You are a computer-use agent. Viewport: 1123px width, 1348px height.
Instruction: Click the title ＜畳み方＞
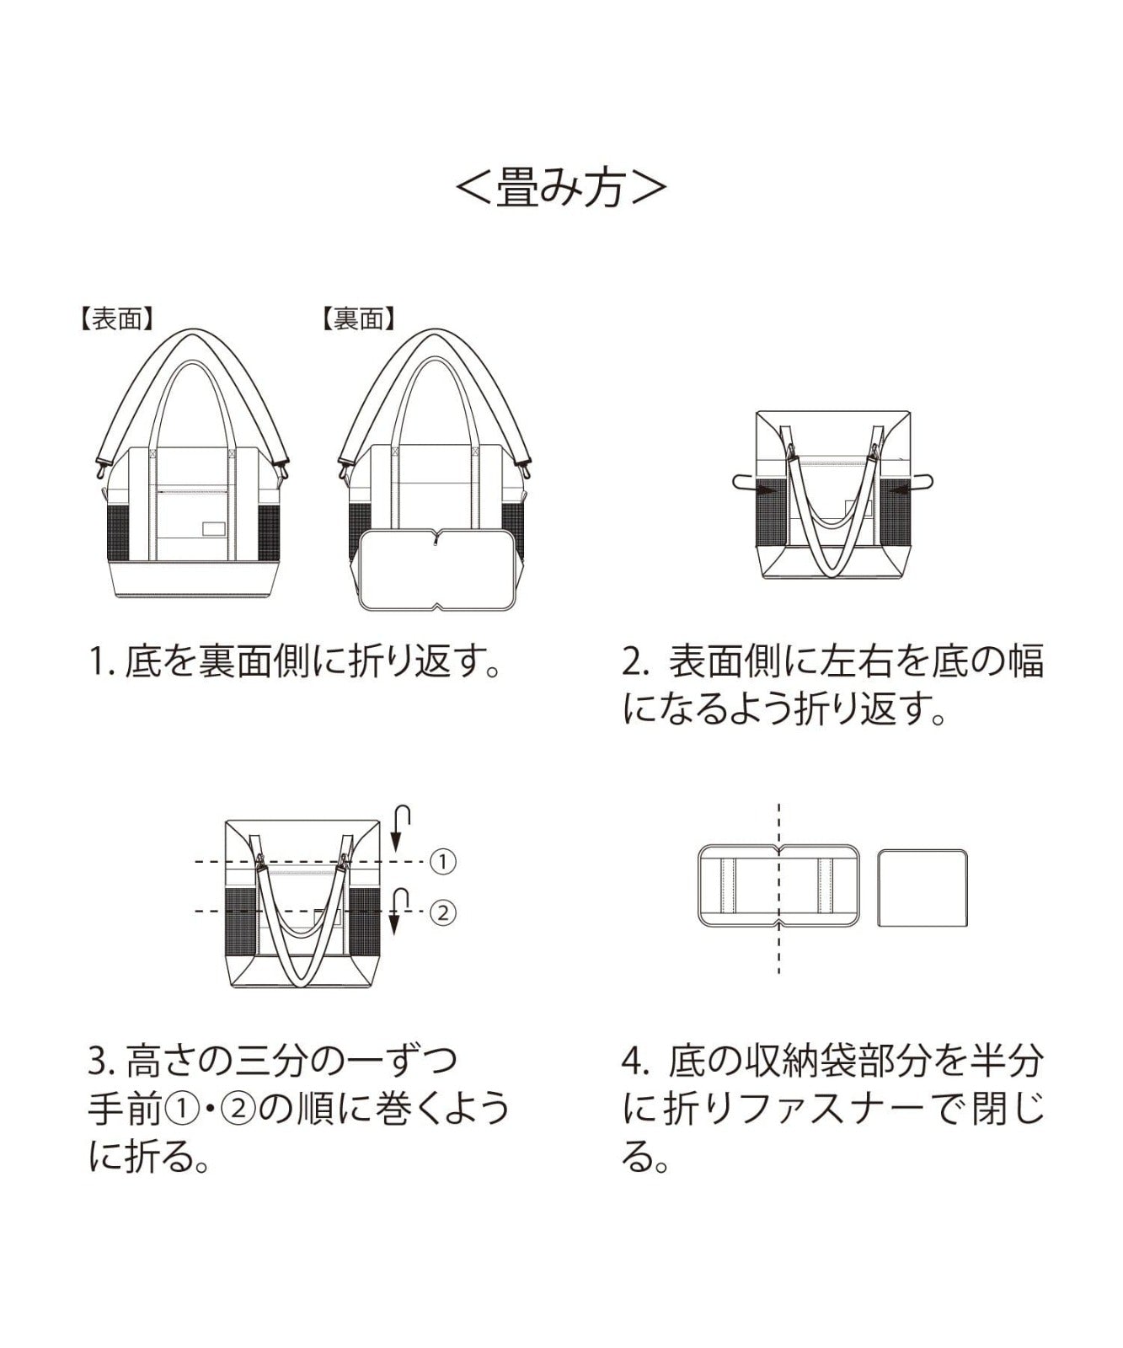[x=561, y=187]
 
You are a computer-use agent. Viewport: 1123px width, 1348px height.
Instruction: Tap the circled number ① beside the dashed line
[x=442, y=862]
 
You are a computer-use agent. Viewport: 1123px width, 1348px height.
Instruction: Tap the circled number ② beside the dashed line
[x=442, y=912]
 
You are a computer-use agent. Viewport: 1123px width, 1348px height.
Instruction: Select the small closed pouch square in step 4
[x=922, y=888]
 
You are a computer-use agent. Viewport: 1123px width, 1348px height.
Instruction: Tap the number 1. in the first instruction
[x=101, y=664]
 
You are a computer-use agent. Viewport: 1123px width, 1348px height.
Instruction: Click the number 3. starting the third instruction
[x=101, y=1060]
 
